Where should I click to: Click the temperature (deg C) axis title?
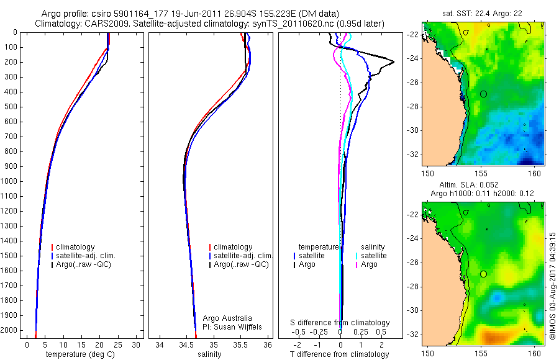[x=80, y=354]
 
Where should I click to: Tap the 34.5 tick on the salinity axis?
[x=187, y=344]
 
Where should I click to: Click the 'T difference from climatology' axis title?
[x=340, y=354]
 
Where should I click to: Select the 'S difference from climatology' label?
[x=340, y=323]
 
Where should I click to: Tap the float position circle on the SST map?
[x=483, y=94]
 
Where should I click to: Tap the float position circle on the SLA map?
[x=483, y=274]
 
